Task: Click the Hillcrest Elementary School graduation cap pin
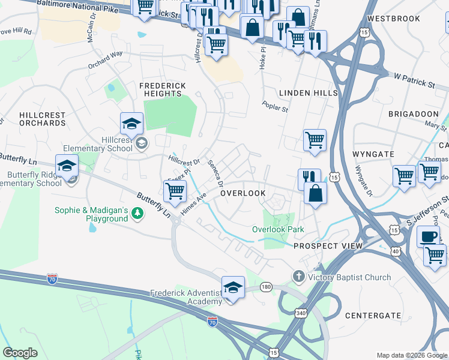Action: (131, 124)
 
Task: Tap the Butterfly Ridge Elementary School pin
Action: (67, 166)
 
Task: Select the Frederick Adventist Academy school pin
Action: (233, 287)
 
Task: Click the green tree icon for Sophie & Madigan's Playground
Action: (138, 214)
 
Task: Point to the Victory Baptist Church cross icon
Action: (299, 277)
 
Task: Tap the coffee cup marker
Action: (428, 236)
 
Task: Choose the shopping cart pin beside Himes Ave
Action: (175, 191)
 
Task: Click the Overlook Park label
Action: (278, 229)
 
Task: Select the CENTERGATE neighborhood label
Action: (373, 315)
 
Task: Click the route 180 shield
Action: (267, 288)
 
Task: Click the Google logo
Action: (20, 353)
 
